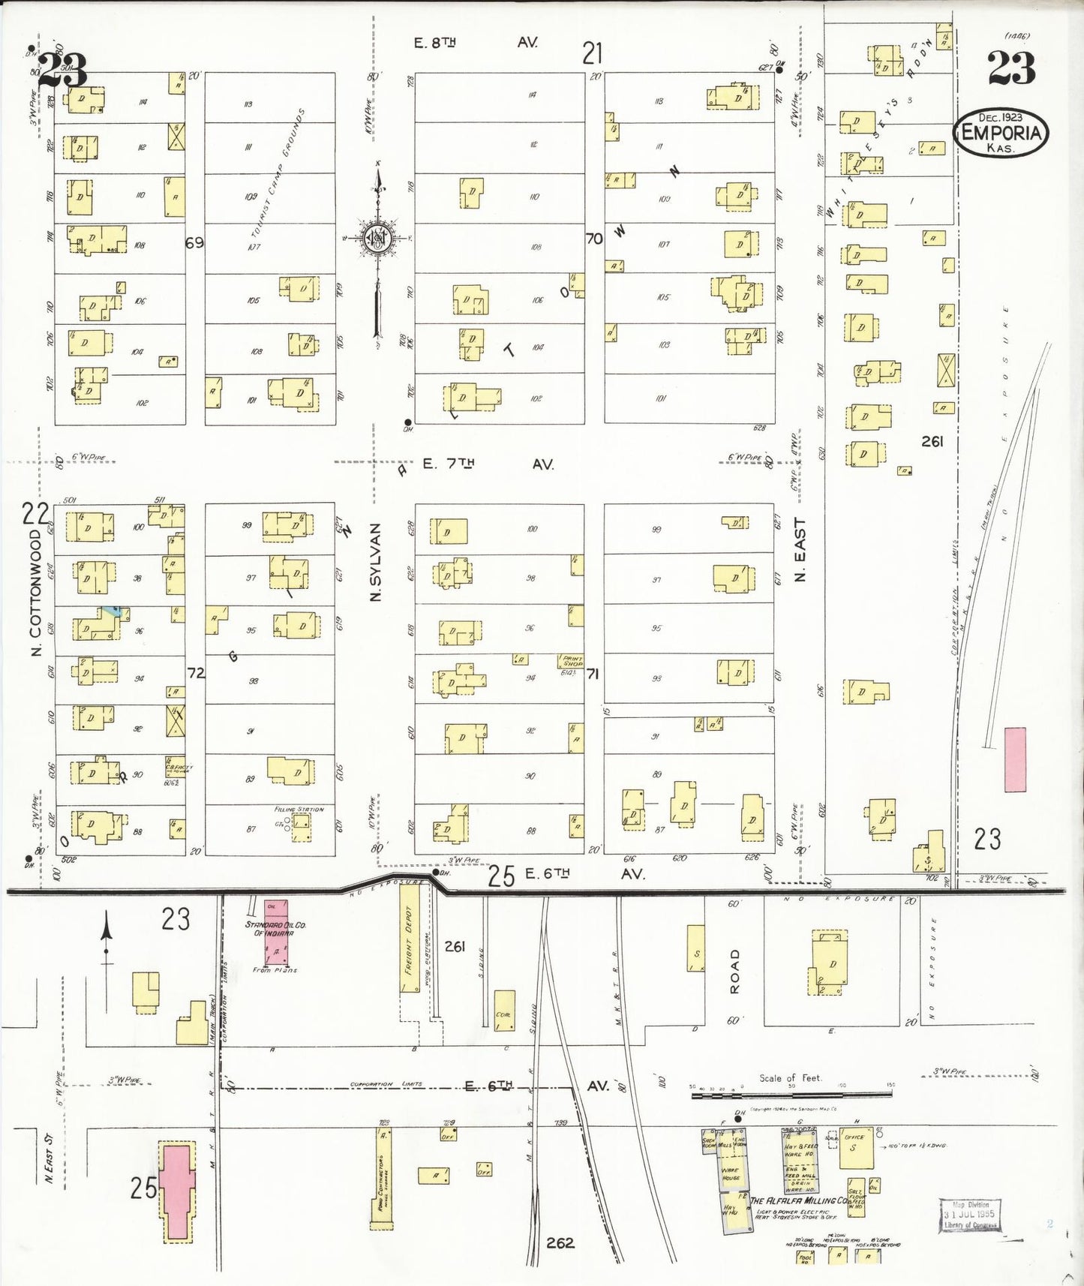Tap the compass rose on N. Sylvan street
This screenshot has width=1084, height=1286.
click(374, 239)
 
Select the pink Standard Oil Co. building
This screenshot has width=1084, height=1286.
click(275, 932)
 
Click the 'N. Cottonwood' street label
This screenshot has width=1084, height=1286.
click(36, 593)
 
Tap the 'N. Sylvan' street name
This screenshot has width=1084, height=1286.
click(376, 561)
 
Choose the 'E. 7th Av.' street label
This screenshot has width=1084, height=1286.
click(488, 464)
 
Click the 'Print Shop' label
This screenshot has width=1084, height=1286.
click(572, 661)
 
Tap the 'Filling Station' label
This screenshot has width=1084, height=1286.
click(299, 810)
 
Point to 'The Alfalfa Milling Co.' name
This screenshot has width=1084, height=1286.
click(798, 1201)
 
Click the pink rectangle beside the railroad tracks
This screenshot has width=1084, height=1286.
click(1014, 759)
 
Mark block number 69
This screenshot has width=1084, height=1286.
click(195, 243)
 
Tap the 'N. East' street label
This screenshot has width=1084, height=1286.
click(800, 550)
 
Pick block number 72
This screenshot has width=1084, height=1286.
click(196, 674)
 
